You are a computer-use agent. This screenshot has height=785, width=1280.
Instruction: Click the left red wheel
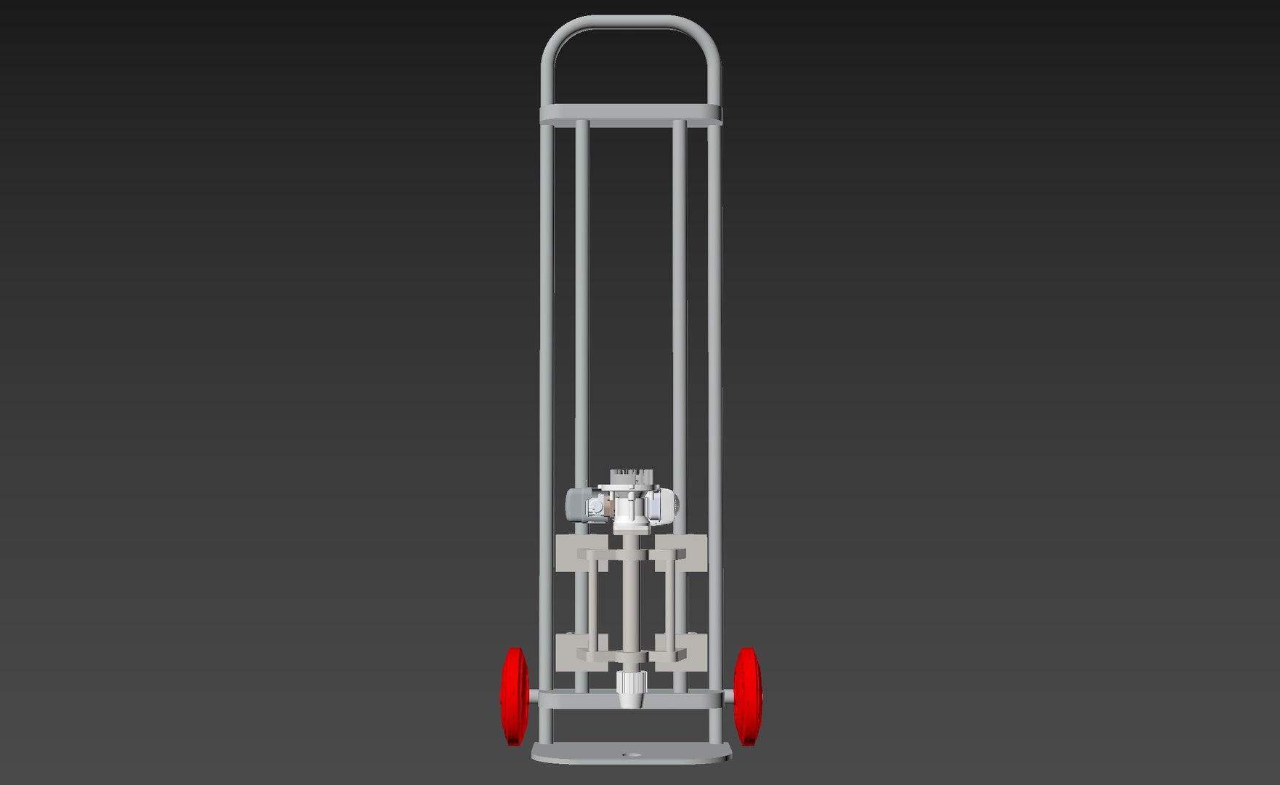pos(514,696)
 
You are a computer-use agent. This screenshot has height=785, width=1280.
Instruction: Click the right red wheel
pos(746,696)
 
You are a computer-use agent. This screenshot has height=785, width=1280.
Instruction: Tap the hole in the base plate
pos(629,755)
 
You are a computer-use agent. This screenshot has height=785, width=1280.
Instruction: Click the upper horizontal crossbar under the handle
pos(630,114)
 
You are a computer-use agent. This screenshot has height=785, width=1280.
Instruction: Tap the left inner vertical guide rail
pos(581,291)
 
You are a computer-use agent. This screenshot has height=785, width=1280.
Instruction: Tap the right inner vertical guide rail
pos(679,291)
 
